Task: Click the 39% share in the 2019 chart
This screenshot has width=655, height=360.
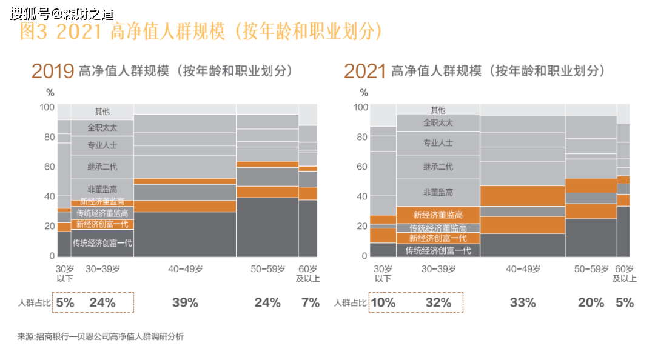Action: [x=185, y=302]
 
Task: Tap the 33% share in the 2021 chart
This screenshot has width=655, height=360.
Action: [x=523, y=302]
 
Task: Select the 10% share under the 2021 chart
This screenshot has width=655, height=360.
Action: [x=383, y=302]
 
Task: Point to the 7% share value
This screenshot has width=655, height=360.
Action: [x=311, y=302]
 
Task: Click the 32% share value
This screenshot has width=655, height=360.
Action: [x=438, y=302]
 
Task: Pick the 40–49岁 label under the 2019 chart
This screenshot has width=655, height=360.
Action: [x=186, y=269]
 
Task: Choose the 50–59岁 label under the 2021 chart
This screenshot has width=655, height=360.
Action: [x=591, y=269]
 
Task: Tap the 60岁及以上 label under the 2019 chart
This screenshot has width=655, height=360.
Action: [x=308, y=273]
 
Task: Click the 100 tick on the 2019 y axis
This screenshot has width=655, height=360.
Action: [x=47, y=107]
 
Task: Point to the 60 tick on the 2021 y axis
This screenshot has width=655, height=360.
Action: [x=362, y=167]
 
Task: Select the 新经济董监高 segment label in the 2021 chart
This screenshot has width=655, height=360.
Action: [x=438, y=215]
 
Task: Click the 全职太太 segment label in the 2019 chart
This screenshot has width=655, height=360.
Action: [x=102, y=128]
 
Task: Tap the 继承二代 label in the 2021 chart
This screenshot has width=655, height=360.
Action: [x=438, y=167]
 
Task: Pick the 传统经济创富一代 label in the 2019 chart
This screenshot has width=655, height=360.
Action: [x=102, y=243]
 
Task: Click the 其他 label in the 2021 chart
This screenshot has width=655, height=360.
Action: [x=438, y=110]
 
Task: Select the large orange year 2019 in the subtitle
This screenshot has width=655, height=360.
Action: [x=53, y=72]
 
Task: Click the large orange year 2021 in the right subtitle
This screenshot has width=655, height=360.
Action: [x=364, y=72]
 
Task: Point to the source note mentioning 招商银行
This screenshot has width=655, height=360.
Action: [x=101, y=336]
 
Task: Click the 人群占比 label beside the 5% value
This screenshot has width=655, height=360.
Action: [x=34, y=303]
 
